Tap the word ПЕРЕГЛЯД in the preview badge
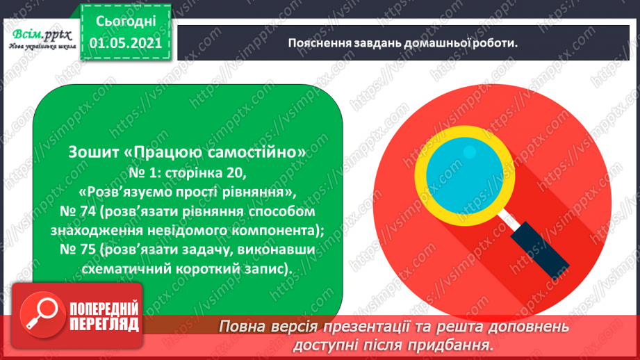pos(104,324)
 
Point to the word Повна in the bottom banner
pos(243,326)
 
